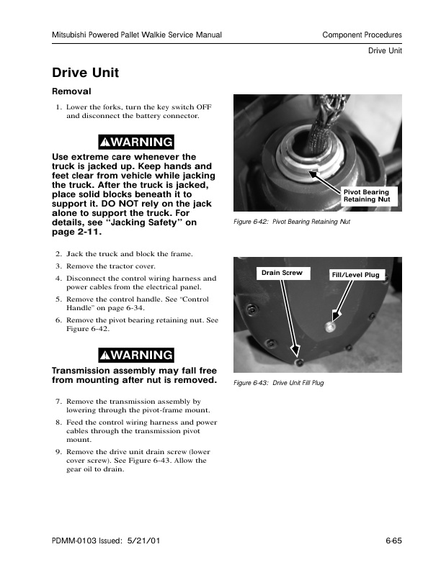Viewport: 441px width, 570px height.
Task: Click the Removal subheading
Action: click(71, 92)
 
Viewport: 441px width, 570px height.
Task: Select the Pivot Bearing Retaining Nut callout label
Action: click(366, 196)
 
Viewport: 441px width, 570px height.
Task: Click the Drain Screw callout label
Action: click(282, 273)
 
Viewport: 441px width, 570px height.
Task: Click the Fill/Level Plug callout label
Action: click(355, 275)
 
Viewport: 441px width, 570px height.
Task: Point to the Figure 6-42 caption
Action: click(292, 222)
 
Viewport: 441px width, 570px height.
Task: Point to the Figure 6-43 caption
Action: click(279, 383)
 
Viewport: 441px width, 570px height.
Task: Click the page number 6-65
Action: click(393, 540)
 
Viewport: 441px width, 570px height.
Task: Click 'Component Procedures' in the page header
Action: click(362, 35)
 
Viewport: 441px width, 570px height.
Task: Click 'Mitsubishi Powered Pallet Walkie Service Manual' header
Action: click(137, 35)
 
